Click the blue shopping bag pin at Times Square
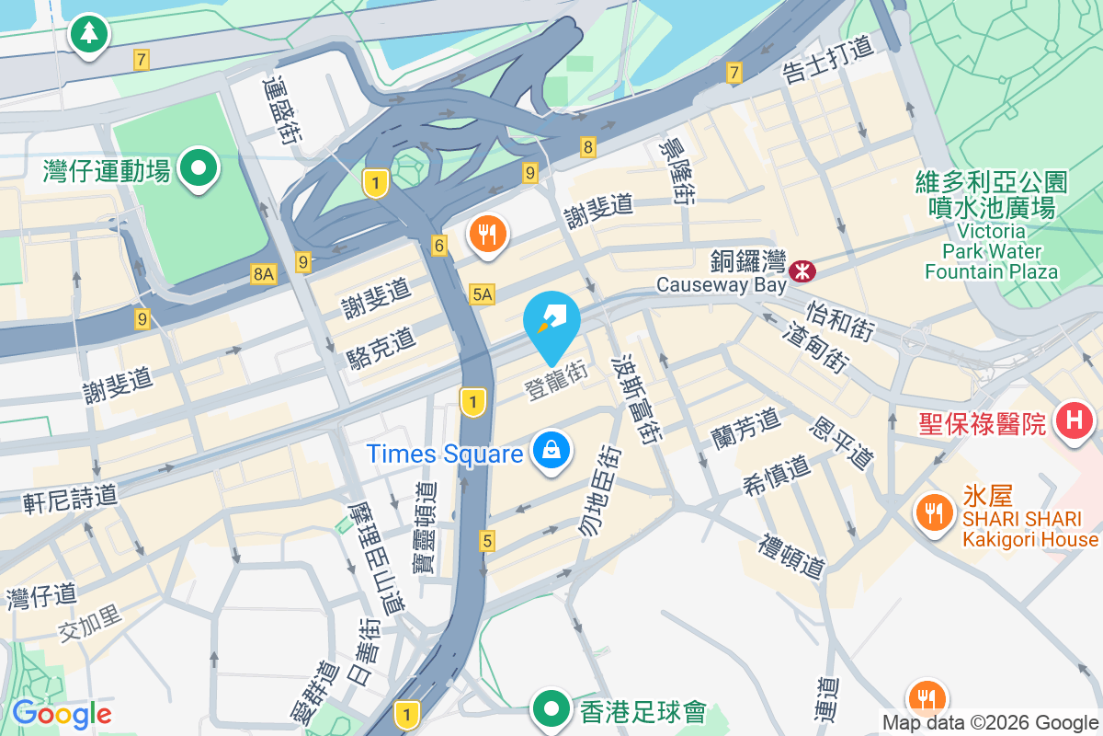tap(550, 451)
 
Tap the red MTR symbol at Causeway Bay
tap(802, 270)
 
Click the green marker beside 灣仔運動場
tap(198, 167)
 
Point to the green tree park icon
tap(89, 34)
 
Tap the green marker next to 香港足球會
tap(551, 709)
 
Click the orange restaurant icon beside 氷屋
tap(935, 512)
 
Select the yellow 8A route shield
tap(264, 273)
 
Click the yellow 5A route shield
tap(482, 294)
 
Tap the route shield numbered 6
tap(439, 246)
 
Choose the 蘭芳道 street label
tap(745, 425)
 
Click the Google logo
tap(62, 713)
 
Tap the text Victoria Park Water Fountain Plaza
tap(991, 250)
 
